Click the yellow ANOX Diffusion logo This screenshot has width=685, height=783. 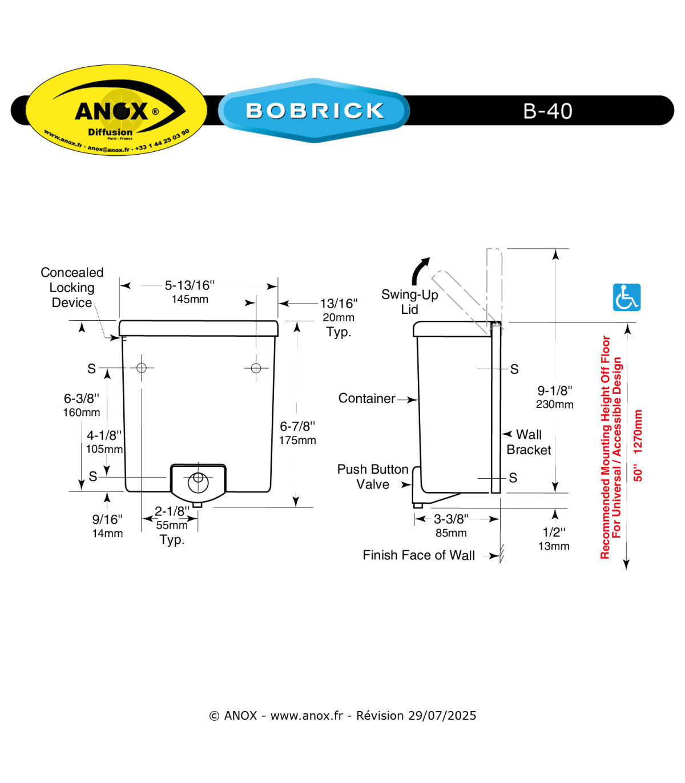click(116, 110)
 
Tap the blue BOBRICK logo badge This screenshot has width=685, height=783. click(314, 110)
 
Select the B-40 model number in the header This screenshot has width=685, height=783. click(547, 111)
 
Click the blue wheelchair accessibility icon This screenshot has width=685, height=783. click(626, 297)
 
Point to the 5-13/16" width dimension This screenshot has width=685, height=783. click(190, 285)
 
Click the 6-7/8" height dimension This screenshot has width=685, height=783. click(297, 426)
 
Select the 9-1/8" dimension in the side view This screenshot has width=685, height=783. click(554, 390)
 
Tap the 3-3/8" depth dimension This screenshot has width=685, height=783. click(451, 519)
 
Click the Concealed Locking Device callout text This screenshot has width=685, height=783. click(72, 288)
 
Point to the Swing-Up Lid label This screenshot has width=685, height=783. click(409, 301)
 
